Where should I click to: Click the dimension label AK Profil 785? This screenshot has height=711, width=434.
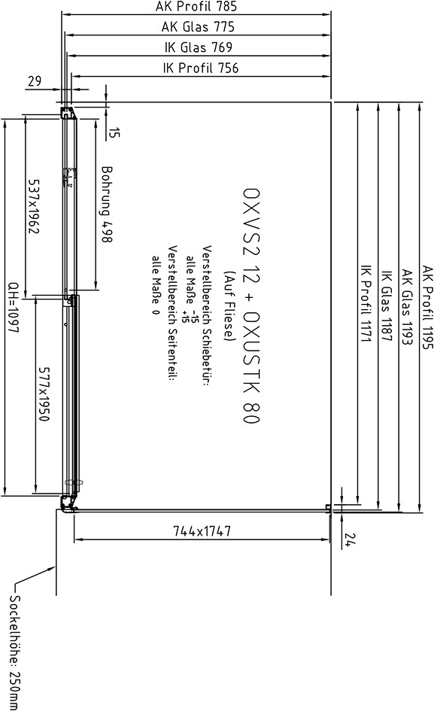[196, 6]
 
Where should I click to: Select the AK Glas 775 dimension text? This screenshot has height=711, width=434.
[198, 27]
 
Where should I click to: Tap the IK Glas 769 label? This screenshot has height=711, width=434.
[198, 47]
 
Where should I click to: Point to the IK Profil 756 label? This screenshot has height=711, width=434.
[200, 68]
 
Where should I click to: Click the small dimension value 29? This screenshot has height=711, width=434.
[35, 81]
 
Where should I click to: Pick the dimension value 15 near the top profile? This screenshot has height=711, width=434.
[114, 132]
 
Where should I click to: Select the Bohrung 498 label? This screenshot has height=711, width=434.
[107, 204]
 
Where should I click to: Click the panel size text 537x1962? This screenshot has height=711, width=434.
[34, 206]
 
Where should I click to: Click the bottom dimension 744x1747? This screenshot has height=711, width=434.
[202, 530]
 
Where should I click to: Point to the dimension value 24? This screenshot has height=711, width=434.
[350, 539]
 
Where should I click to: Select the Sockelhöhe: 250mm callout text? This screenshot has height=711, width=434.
[14, 652]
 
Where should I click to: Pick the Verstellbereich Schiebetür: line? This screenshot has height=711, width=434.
[207, 315]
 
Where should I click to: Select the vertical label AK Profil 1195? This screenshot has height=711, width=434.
[428, 308]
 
